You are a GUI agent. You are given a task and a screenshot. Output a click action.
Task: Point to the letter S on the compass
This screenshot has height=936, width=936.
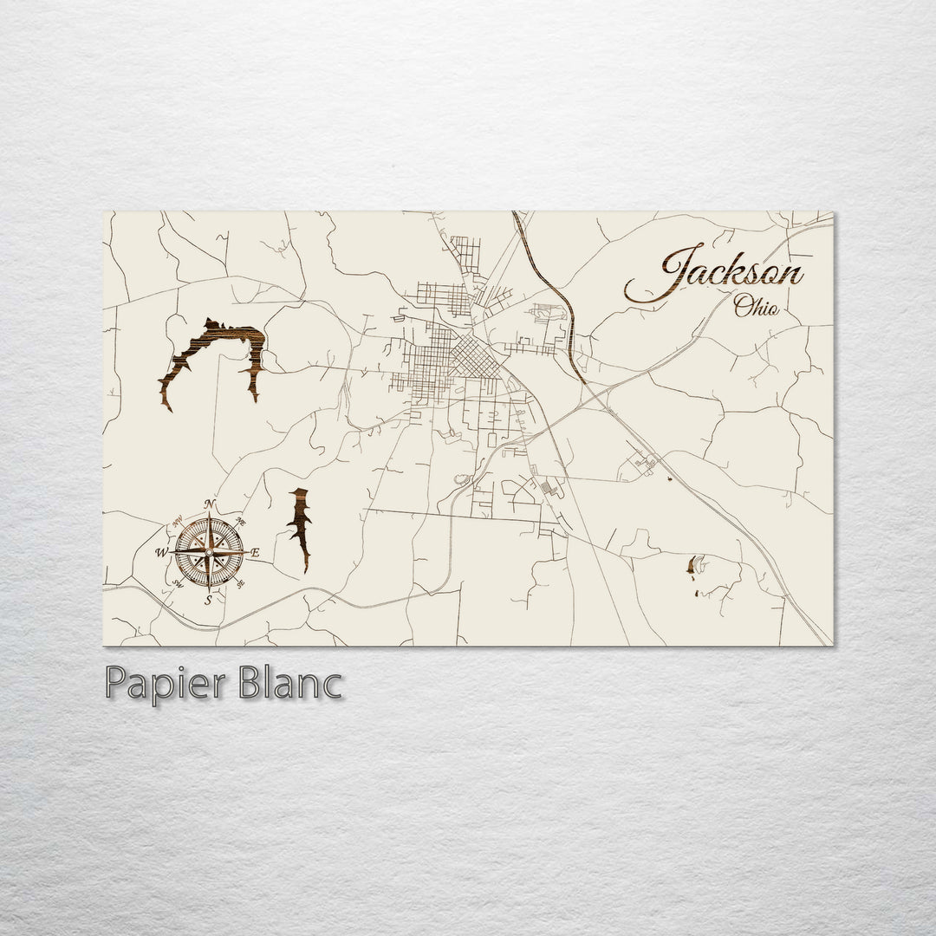pos(208,598)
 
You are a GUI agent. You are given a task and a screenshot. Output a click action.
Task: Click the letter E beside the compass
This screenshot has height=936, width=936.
pos(256,552)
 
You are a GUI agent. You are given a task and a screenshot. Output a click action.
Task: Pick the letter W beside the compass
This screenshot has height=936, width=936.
pos(161,552)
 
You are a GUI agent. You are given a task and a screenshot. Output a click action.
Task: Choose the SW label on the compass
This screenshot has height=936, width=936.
pos(179,584)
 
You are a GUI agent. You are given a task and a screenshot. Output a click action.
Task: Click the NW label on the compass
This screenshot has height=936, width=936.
pos(178,522)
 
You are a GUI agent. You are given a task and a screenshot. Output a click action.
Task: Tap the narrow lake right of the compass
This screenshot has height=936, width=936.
pos(301,527)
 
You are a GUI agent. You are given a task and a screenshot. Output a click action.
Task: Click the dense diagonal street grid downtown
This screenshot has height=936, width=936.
pos(473,355)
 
